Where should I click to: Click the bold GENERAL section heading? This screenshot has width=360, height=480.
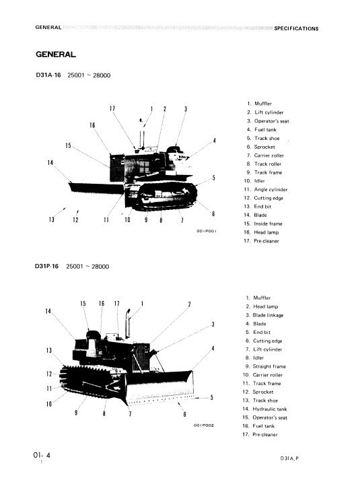click(x=56, y=55)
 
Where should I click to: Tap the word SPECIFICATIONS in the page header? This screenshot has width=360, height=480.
click(x=296, y=28)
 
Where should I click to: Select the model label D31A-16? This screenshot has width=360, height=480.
click(x=48, y=75)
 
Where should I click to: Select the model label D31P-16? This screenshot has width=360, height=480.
click(x=47, y=266)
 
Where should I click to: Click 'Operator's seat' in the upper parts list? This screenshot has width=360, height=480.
click(x=271, y=121)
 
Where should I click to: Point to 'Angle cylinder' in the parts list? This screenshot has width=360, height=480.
click(x=271, y=189)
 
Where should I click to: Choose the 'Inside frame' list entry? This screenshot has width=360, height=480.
click(x=268, y=224)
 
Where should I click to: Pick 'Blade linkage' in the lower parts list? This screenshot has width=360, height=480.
click(x=268, y=315)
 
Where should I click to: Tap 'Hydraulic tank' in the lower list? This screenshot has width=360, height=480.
click(x=269, y=409)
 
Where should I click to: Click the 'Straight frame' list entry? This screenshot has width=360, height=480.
click(x=269, y=366)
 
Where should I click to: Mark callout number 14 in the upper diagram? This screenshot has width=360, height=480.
click(x=50, y=162)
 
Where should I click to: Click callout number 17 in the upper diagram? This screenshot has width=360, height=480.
click(x=112, y=108)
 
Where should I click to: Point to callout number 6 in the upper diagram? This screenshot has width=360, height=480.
click(x=213, y=213)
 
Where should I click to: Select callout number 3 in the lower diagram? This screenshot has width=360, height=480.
click(x=213, y=324)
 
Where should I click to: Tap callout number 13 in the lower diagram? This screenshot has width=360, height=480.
click(x=49, y=350)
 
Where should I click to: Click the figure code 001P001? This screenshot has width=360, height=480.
click(x=206, y=231)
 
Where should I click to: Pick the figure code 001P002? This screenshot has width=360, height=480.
click(x=204, y=425)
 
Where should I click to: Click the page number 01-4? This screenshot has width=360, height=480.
click(x=42, y=455)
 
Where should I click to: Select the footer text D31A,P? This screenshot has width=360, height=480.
click(x=289, y=458)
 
